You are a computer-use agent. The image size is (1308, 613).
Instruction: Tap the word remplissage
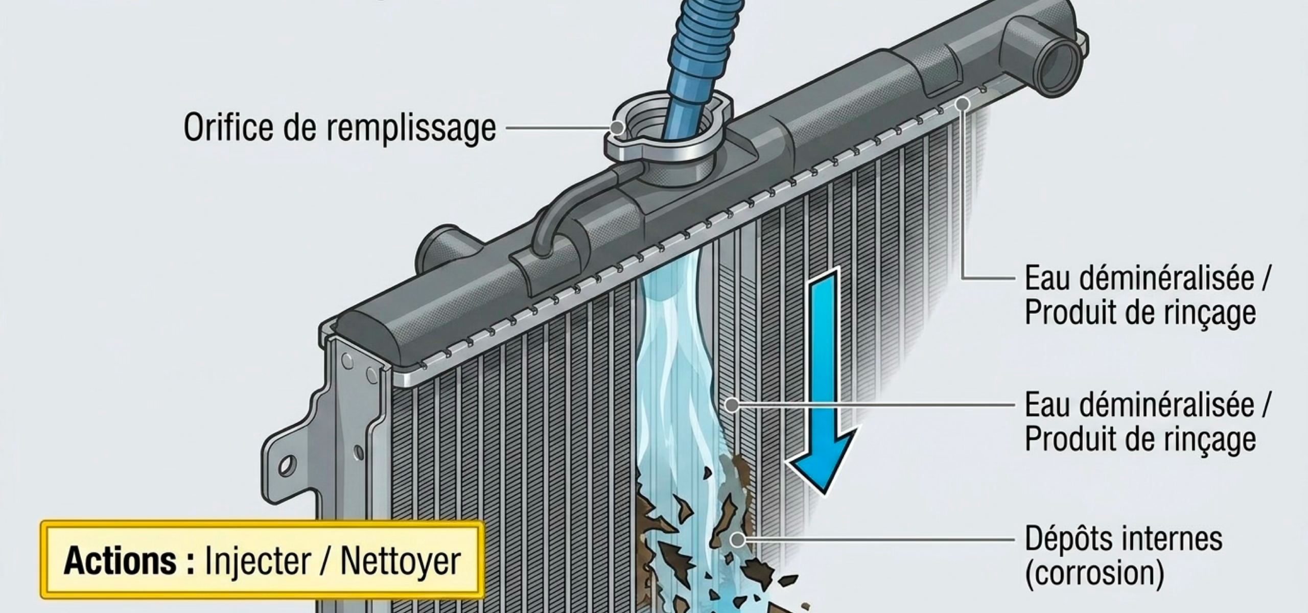[x=411, y=129]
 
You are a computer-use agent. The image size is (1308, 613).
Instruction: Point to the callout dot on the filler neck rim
[x=617, y=127]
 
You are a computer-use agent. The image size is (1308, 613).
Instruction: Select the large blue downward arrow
[x=821, y=378]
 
